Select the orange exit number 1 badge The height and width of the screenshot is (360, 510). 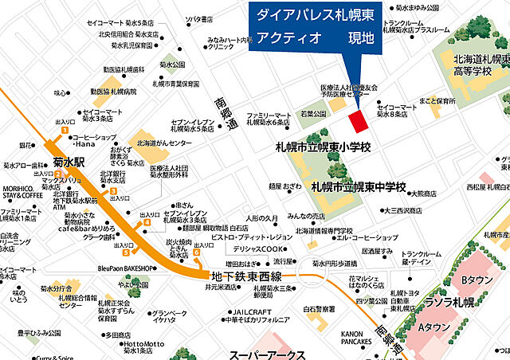[66, 130]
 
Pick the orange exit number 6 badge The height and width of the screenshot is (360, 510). [197, 252]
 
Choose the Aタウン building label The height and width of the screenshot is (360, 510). [437, 327]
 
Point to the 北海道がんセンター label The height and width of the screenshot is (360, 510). [167, 144]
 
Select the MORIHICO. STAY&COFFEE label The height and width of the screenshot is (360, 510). [22, 190]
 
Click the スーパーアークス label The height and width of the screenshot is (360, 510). [268, 353]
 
